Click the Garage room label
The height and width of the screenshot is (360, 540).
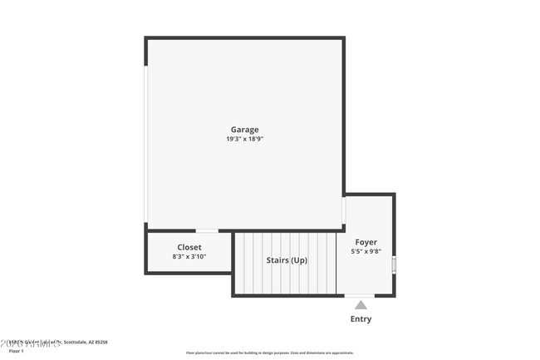(x=244, y=129)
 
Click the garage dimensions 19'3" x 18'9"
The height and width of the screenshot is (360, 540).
(x=244, y=140)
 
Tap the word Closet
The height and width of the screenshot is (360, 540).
(x=189, y=247)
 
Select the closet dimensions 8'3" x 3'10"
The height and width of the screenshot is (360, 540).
(x=189, y=257)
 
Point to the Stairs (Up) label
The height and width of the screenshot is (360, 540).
(x=287, y=260)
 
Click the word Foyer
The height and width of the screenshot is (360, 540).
(x=366, y=242)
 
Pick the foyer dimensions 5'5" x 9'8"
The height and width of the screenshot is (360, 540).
(x=366, y=252)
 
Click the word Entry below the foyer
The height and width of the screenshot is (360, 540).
(x=361, y=319)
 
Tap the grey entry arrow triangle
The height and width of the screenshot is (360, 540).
(x=361, y=306)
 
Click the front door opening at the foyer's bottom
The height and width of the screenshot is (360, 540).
(x=360, y=296)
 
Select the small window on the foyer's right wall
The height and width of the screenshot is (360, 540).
(x=394, y=264)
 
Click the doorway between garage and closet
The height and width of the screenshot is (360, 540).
(x=207, y=230)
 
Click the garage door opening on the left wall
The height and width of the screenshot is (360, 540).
(x=146, y=145)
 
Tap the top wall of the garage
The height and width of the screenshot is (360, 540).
(x=245, y=38)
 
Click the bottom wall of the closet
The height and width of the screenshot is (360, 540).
(x=189, y=272)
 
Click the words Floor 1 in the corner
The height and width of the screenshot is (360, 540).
(x=16, y=351)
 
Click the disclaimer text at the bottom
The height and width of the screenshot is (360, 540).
(x=269, y=353)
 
